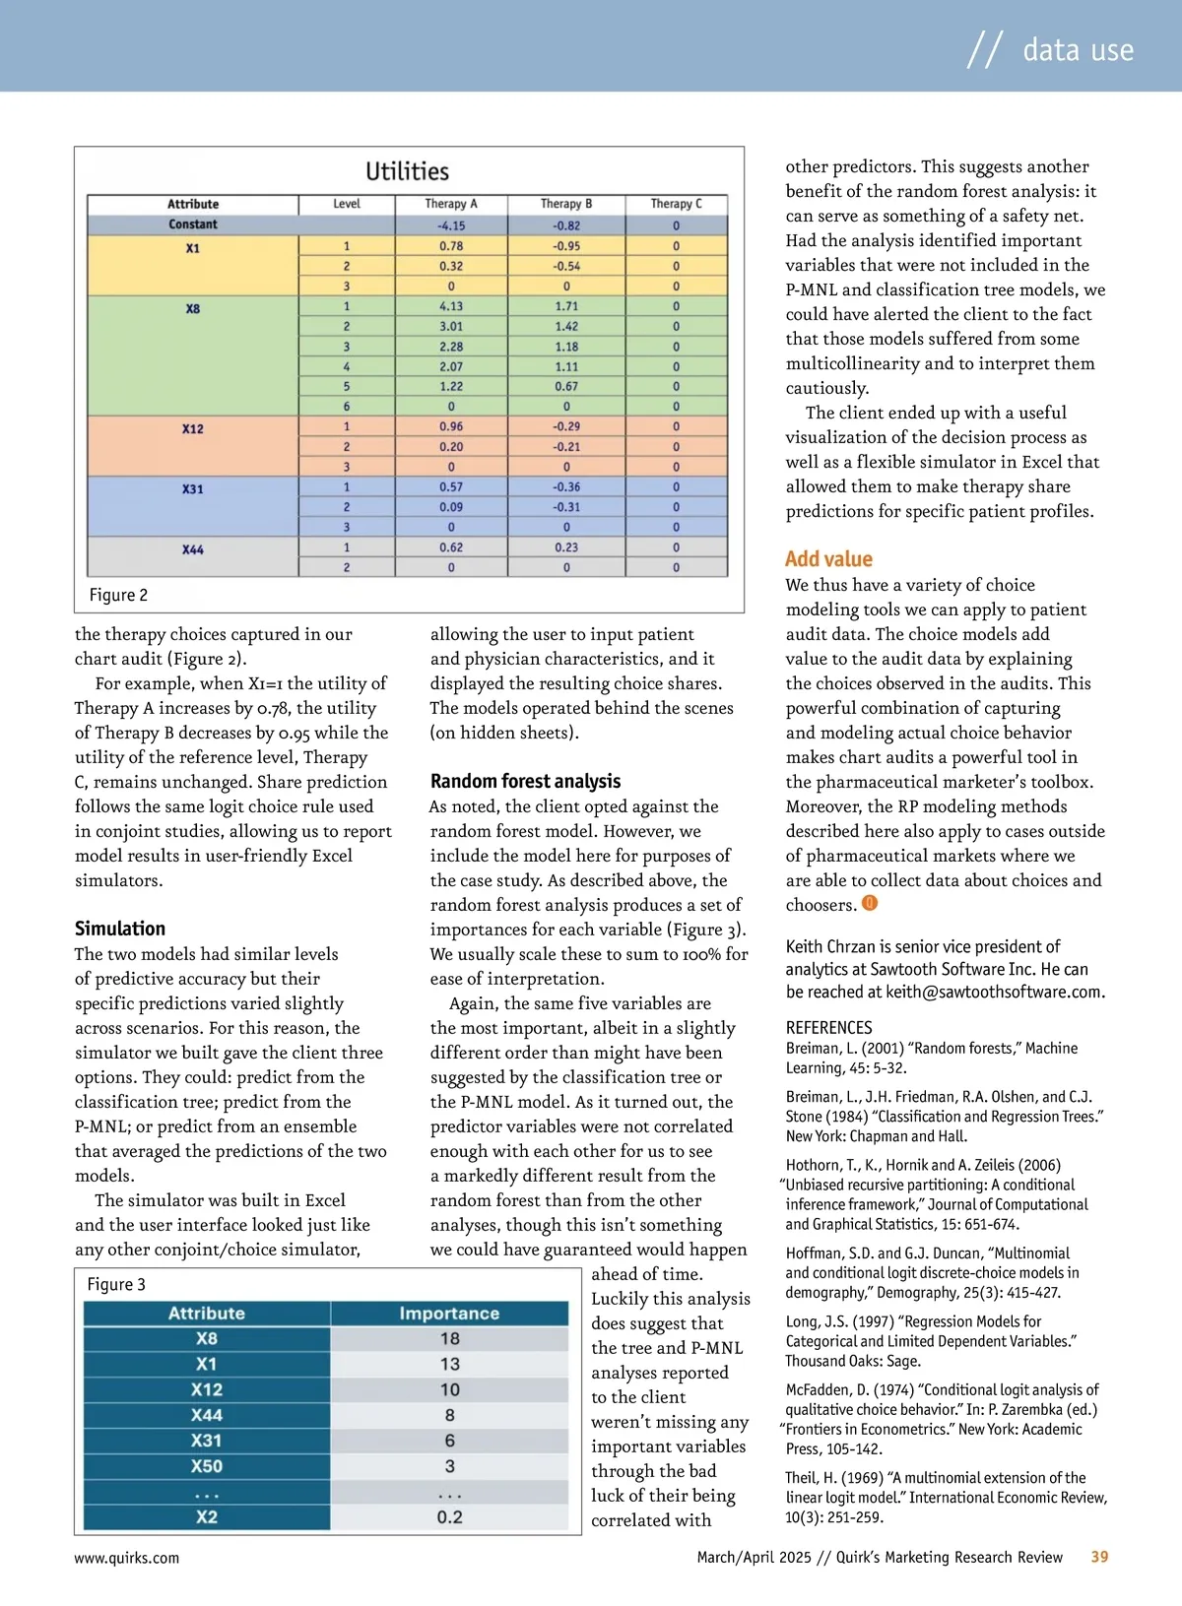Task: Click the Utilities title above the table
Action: click(x=407, y=171)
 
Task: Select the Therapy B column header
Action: click(x=566, y=204)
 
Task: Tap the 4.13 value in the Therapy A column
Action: click(x=451, y=306)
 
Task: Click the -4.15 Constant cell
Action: click(x=451, y=225)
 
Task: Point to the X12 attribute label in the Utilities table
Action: click(x=193, y=428)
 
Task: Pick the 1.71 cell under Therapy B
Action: click(x=566, y=306)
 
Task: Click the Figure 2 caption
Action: click(x=118, y=595)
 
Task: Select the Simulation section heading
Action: click(x=120, y=929)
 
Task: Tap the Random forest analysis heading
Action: click(x=525, y=781)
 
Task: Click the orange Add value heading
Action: click(x=828, y=559)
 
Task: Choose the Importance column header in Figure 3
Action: click(x=449, y=1314)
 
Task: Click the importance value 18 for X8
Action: click(x=450, y=1339)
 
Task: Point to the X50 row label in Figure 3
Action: click(x=207, y=1466)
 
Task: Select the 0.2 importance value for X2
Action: click(x=450, y=1517)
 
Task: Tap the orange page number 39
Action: click(x=1099, y=1557)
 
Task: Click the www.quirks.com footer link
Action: click(x=127, y=1558)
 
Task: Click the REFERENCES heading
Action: click(x=828, y=1027)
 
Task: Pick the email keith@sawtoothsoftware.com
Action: click(x=994, y=992)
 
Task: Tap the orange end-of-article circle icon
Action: click(x=870, y=903)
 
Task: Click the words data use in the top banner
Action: click(x=1078, y=50)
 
